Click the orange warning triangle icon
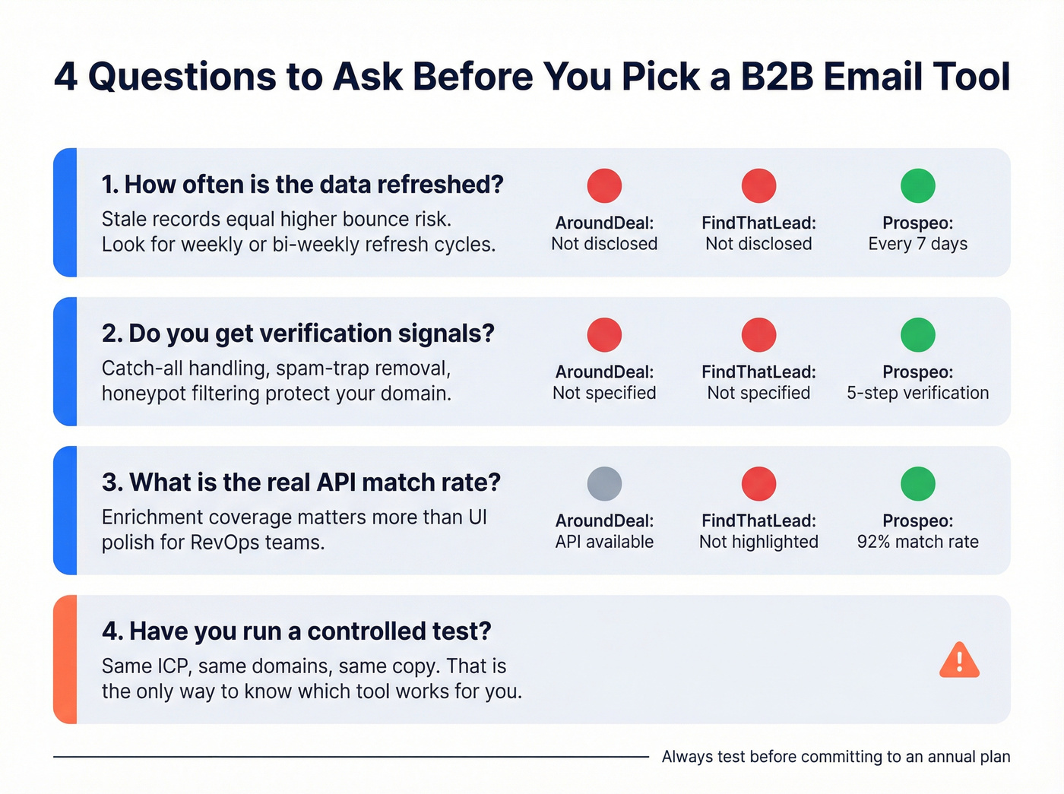point(959,660)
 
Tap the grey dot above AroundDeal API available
point(604,484)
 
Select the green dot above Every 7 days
point(917,186)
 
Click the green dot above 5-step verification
point(917,335)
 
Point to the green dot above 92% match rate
point(917,484)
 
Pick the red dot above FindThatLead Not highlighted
point(758,484)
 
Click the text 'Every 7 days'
point(917,244)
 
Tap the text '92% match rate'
point(917,542)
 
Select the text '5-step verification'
point(917,393)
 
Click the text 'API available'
point(604,542)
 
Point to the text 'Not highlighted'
point(758,542)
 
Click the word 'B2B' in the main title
point(777,77)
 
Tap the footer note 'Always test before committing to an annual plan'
point(836,757)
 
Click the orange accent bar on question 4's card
point(65,660)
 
